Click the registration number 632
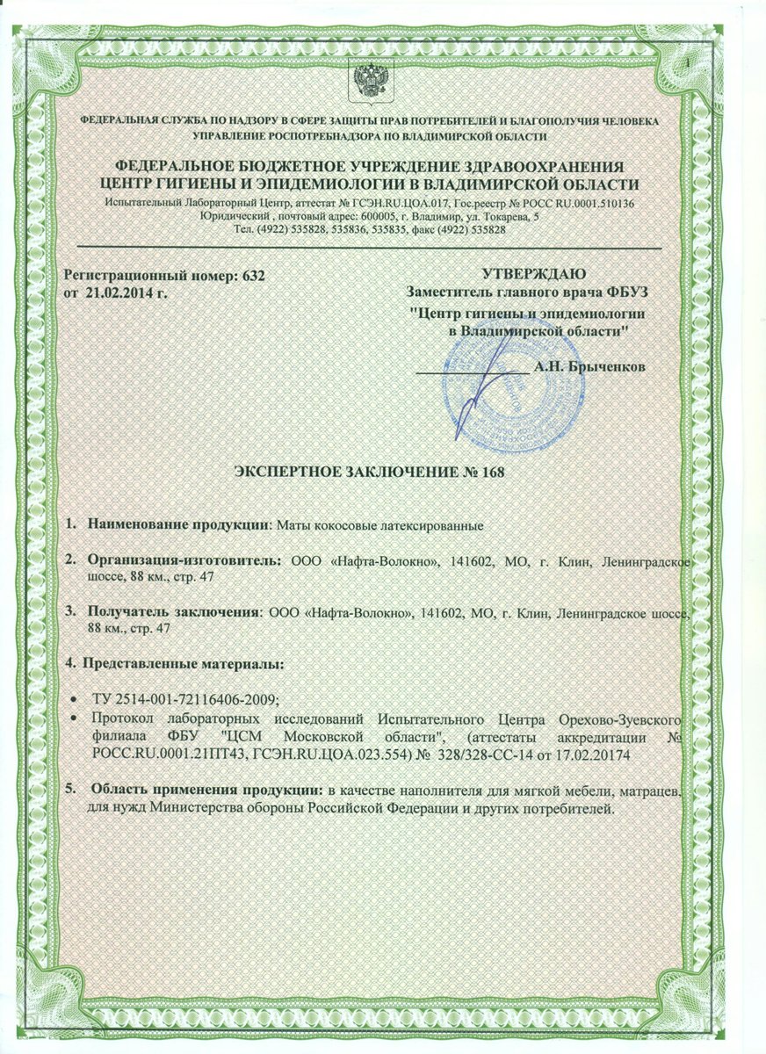click(x=251, y=276)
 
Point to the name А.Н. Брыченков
click(x=590, y=366)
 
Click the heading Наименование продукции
click(x=176, y=525)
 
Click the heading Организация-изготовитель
click(x=184, y=559)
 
